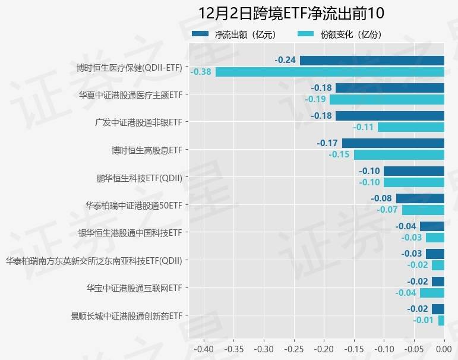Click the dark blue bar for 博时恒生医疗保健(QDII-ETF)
tap(372, 60)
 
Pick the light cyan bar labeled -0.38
tap(330, 72)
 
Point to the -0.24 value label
tap(286, 60)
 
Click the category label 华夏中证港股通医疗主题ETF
tap(130, 94)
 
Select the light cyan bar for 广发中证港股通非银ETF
tap(411, 127)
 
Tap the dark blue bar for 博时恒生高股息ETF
tap(393, 143)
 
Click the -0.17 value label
tap(327, 143)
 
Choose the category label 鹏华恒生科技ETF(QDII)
tap(139, 177)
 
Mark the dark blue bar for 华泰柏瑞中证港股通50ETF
tap(420, 198)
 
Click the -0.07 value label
tap(387, 210)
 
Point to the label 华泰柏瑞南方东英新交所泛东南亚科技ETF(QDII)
tap(93, 260)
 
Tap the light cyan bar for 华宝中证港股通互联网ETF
tap(432, 293)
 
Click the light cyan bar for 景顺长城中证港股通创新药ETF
tap(441, 320)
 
